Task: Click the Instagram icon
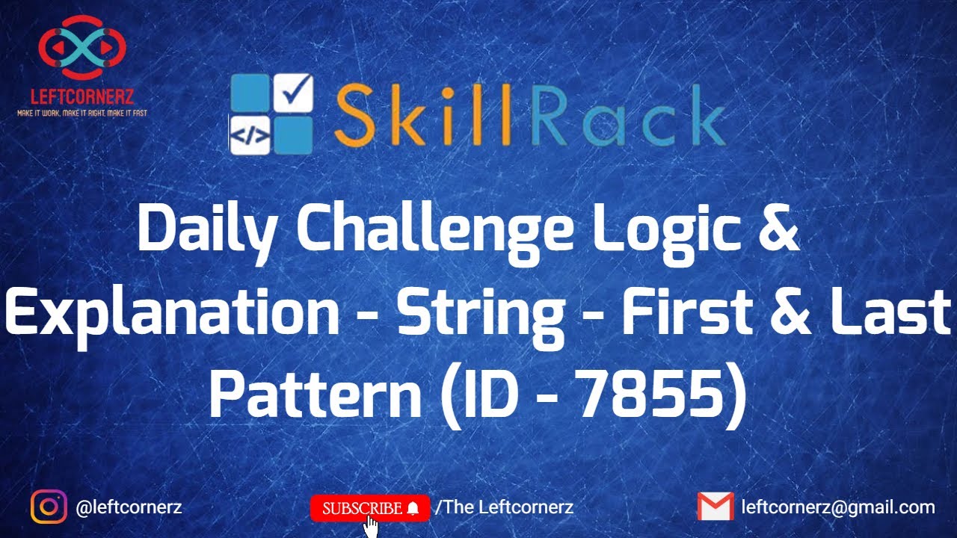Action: tap(49, 507)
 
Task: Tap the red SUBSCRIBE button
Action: tap(370, 508)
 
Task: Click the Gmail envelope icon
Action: tap(715, 507)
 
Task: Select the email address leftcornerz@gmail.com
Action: tap(837, 507)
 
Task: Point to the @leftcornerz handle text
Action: tap(129, 507)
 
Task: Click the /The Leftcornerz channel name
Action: tap(504, 507)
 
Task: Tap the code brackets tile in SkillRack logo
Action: tap(249, 134)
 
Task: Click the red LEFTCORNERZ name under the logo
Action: tap(81, 97)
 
